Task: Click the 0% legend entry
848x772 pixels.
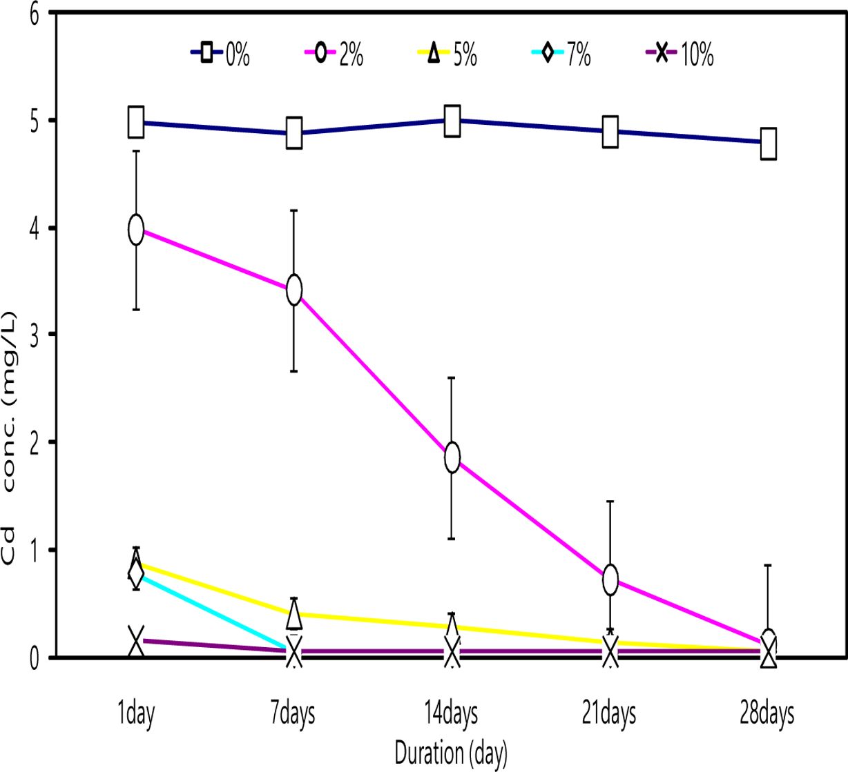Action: [x=221, y=54]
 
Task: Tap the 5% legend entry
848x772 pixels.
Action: [x=449, y=54]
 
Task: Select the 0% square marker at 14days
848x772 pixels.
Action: [x=452, y=121]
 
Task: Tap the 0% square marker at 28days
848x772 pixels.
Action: [x=768, y=143]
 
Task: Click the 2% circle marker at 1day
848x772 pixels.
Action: [x=136, y=229]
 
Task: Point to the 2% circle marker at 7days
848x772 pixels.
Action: [x=294, y=290]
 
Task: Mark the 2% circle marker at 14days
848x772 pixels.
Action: [x=452, y=457]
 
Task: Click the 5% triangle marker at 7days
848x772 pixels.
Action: [x=294, y=613]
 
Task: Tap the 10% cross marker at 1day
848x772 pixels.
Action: [x=136, y=640]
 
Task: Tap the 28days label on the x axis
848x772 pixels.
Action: [x=767, y=714]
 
